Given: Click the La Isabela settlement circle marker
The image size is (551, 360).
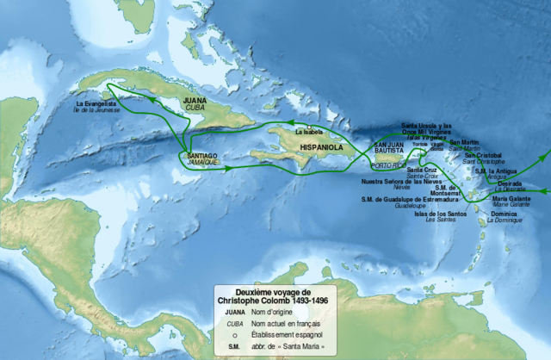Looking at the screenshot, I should pos(309,127).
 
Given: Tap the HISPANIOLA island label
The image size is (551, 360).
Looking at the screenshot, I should pos(321,147).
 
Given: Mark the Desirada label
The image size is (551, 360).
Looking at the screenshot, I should pos(509,183).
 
